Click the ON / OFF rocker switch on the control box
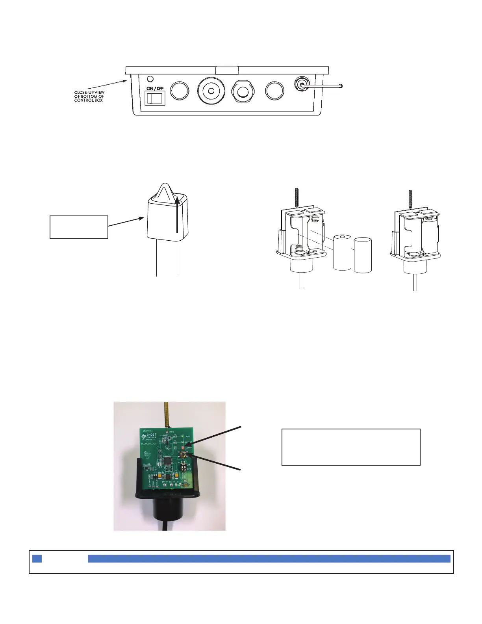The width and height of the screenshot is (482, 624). click(x=155, y=98)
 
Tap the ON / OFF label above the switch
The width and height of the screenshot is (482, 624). click(x=155, y=88)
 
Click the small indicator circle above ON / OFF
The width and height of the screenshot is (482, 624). click(x=150, y=79)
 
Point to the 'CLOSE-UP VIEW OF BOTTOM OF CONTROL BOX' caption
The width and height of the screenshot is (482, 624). click(x=89, y=97)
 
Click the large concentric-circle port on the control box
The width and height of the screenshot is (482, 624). click(x=211, y=91)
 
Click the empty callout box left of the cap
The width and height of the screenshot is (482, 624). click(x=79, y=227)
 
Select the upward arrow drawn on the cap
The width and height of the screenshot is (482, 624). click(x=178, y=215)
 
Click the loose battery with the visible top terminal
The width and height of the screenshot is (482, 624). click(x=342, y=252)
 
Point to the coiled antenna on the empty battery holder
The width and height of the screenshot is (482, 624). click(x=296, y=197)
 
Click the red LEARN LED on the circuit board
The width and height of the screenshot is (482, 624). click(x=184, y=448)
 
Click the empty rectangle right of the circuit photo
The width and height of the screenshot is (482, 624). click(x=351, y=447)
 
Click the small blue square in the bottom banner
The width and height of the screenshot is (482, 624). click(x=37, y=559)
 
